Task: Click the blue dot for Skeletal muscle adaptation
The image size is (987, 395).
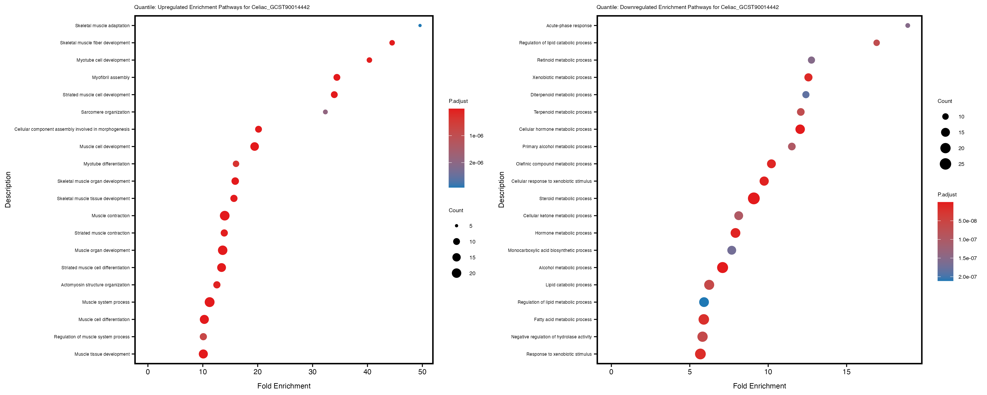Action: (x=420, y=26)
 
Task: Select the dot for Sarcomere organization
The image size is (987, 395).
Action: (x=325, y=112)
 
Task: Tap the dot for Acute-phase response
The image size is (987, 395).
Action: (x=907, y=26)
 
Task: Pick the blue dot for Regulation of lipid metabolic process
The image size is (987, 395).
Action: (x=704, y=302)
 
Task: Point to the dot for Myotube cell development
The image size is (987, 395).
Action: (x=369, y=60)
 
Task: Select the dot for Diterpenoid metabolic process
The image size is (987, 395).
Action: (x=806, y=95)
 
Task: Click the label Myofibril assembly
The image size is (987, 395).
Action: (x=111, y=77)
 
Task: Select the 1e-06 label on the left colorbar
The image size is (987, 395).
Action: (x=476, y=136)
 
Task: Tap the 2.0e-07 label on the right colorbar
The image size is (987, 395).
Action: (x=967, y=277)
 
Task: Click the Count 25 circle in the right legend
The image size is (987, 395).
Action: (x=945, y=164)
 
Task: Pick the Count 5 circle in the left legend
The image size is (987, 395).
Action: (x=456, y=226)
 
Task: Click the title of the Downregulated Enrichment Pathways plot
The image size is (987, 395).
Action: (x=687, y=7)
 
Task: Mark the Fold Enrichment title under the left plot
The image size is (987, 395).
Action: (x=284, y=386)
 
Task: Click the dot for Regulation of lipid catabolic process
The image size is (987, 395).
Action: (x=876, y=43)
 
